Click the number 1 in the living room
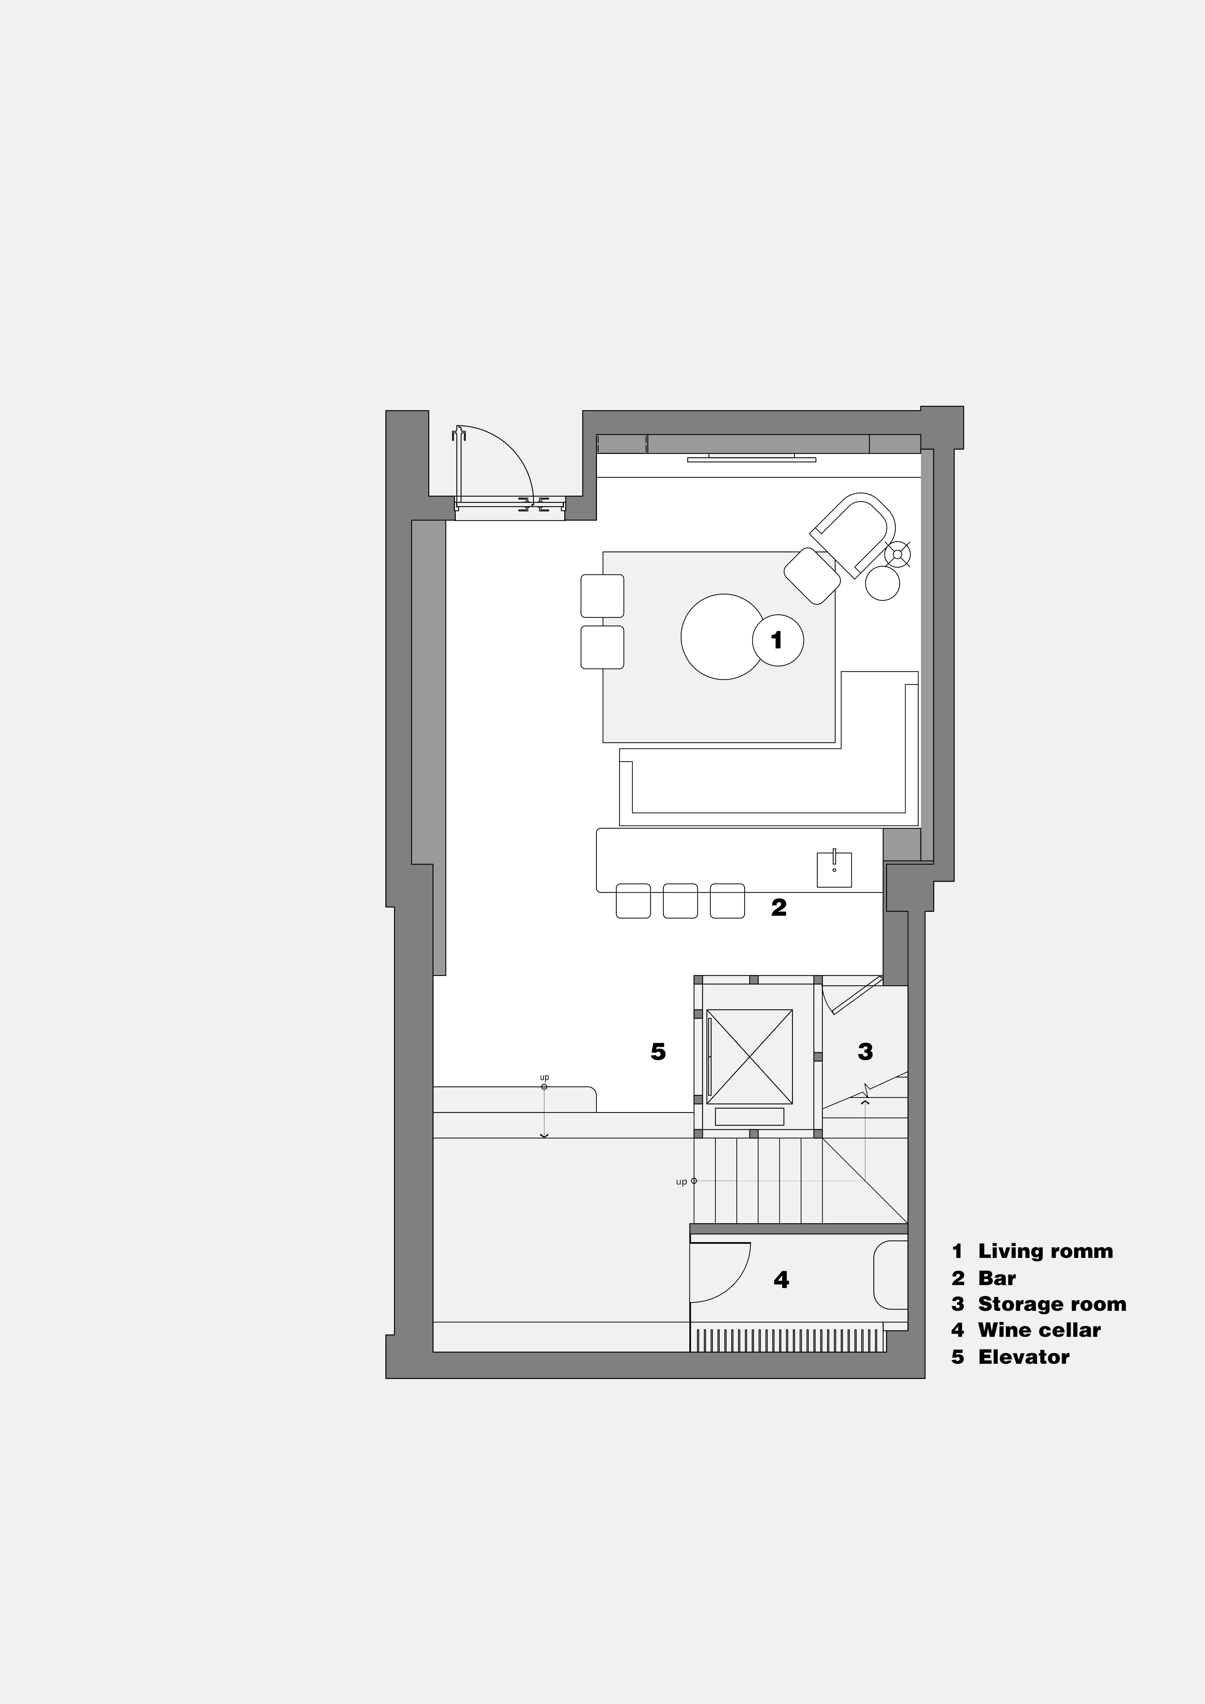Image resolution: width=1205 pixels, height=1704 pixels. (x=777, y=640)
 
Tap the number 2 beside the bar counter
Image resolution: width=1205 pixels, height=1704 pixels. (x=778, y=907)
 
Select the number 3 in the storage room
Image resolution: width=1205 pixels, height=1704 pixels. (x=865, y=1052)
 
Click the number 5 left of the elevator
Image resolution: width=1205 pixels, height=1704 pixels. (x=658, y=1052)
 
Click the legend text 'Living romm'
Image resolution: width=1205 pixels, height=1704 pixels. (x=1045, y=1251)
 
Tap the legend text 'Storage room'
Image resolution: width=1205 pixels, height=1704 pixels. (x=1052, y=1304)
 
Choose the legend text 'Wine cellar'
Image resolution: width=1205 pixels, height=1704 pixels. (x=1039, y=1330)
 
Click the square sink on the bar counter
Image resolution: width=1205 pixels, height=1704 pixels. (x=834, y=870)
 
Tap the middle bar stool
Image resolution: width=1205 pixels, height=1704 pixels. (x=680, y=901)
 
